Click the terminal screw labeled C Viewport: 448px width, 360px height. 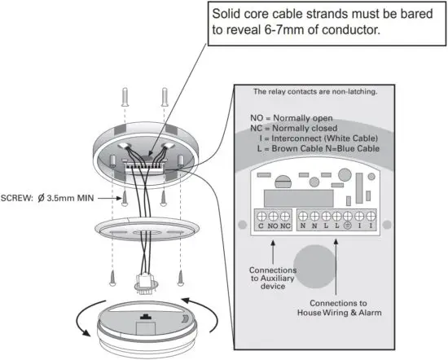pyautogui.click(x=261, y=216)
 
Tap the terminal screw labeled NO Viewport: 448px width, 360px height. pyautogui.click(x=272, y=216)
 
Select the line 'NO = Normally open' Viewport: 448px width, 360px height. pyautogui.click(x=292, y=117)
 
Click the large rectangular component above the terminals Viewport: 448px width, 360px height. pyautogui.click(x=297, y=195)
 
